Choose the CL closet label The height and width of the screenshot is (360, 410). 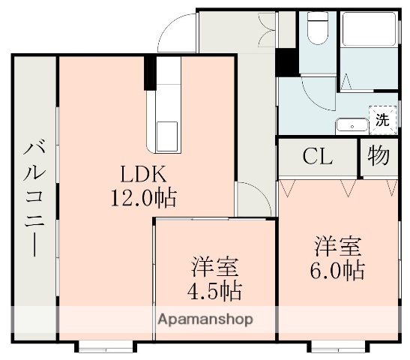pyautogui.click(x=318, y=157)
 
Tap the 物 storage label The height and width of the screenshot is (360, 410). pyautogui.click(x=379, y=156)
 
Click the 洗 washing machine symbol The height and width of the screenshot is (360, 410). pyautogui.click(x=382, y=118)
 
